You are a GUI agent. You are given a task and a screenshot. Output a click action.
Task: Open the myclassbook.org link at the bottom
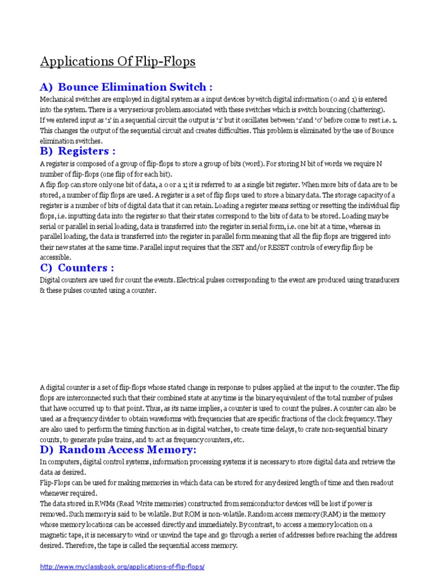(x=122, y=567)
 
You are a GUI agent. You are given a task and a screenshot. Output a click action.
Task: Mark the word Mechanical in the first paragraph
(x=56, y=99)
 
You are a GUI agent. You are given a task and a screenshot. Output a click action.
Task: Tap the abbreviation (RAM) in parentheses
(x=333, y=514)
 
